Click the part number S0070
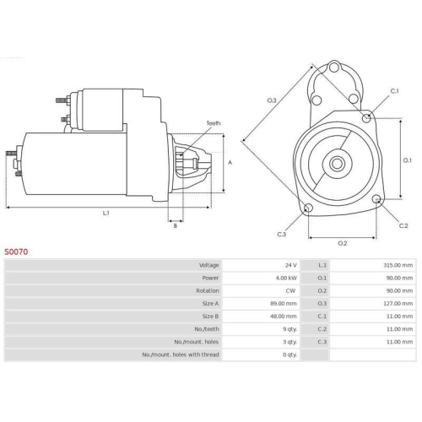18,252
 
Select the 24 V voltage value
289,265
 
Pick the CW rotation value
290,290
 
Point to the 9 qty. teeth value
287,328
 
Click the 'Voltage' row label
208,265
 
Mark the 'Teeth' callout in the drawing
214,123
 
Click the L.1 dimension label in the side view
106,214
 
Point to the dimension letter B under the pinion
175,225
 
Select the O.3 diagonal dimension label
272,100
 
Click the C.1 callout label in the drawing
394,90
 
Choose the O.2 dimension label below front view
342,243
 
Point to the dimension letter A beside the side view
230,162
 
